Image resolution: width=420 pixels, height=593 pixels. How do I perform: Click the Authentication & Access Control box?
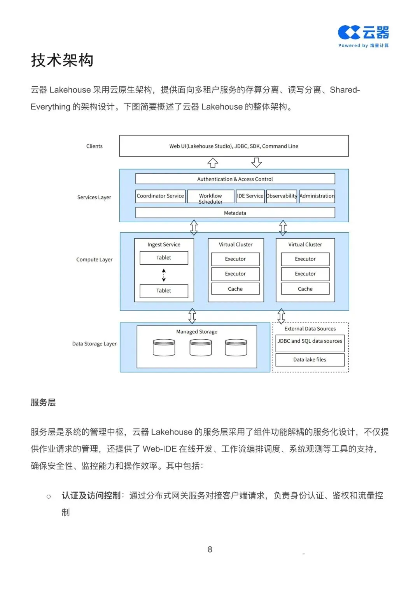(235, 179)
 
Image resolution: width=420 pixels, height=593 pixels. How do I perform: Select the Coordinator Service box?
(160, 196)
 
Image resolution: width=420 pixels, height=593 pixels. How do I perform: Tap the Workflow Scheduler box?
(210, 197)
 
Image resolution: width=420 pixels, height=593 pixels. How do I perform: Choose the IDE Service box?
(250, 196)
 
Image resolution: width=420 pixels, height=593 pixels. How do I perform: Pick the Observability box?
(282, 196)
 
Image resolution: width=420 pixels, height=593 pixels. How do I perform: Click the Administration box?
(317, 196)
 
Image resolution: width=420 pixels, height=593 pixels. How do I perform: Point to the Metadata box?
(235, 213)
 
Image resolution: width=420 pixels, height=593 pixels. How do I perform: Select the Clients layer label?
(94, 146)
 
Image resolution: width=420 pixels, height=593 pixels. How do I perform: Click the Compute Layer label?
(94, 260)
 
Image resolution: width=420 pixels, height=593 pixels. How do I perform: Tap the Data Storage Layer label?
(94, 344)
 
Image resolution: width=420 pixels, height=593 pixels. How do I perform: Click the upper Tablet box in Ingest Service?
(164, 258)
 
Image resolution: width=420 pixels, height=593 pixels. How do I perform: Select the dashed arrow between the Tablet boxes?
(164, 275)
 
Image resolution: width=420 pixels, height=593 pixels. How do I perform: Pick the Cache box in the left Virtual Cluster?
(235, 289)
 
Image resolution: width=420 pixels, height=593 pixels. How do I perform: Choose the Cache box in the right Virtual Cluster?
(305, 289)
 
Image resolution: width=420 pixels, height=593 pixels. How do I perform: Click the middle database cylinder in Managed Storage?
(201, 347)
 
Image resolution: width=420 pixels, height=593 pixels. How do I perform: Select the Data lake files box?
(310, 360)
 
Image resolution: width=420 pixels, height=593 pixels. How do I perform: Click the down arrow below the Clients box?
(256, 162)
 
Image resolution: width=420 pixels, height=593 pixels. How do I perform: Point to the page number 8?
(210, 549)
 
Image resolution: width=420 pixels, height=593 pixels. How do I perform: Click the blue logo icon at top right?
(349, 33)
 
